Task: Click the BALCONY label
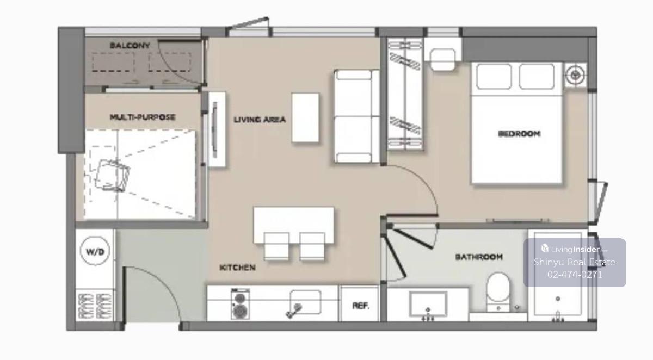click(x=130, y=46)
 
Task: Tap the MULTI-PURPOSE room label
click(x=143, y=117)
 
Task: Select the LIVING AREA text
click(x=260, y=120)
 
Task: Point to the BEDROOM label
click(x=519, y=134)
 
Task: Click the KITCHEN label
click(x=237, y=268)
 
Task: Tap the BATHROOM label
click(x=479, y=257)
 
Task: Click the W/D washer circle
click(x=95, y=251)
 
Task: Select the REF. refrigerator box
click(x=360, y=304)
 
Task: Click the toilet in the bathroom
click(x=498, y=292)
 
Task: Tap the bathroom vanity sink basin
click(x=428, y=304)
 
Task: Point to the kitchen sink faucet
click(x=294, y=311)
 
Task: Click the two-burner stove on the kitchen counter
click(x=240, y=304)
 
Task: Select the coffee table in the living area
click(x=305, y=117)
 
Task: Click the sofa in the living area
click(x=357, y=116)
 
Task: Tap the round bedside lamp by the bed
click(x=576, y=76)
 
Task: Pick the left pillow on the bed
click(x=494, y=77)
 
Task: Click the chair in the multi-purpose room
click(x=113, y=176)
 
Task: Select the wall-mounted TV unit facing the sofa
click(x=217, y=129)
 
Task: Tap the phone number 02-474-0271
click(x=575, y=275)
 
